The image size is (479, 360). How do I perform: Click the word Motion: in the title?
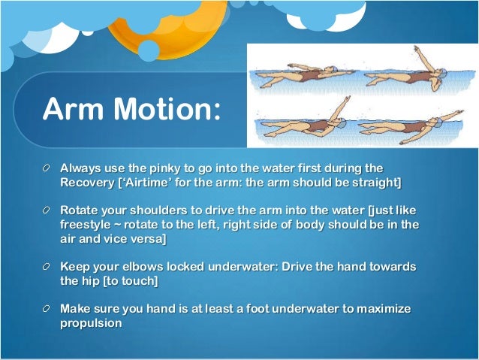coord(170,110)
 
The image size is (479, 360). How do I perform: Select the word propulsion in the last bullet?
coord(92,323)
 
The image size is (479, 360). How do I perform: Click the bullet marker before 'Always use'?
coord(47,169)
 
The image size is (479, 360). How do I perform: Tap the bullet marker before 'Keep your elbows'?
coord(47,268)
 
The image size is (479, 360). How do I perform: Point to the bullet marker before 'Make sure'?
coord(47,310)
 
